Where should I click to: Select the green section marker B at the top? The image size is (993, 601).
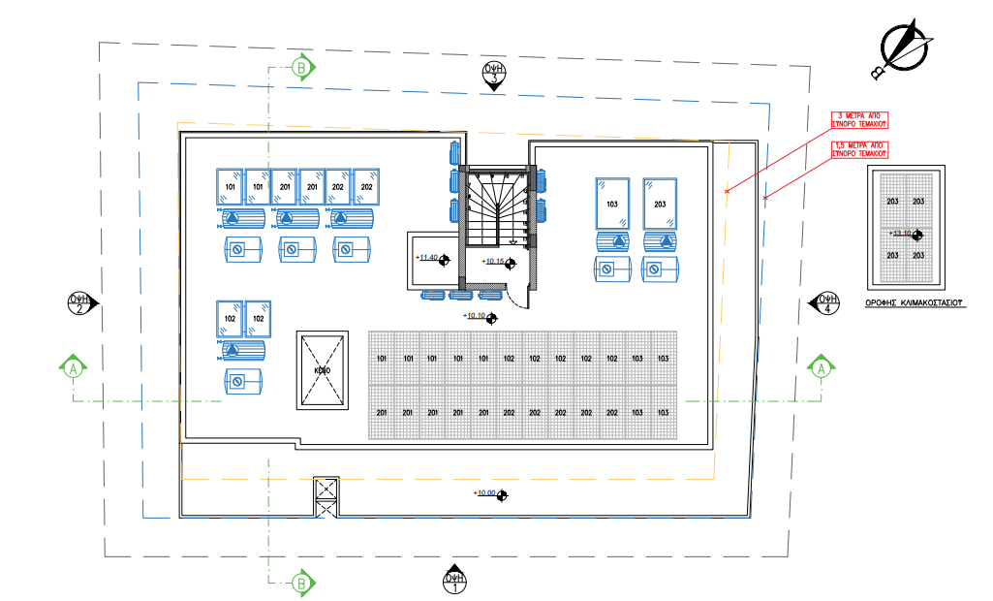tap(301, 68)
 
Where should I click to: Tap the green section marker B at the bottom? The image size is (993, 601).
tap(301, 584)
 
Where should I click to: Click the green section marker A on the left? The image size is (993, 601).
tap(74, 368)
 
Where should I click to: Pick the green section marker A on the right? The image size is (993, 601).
tap(821, 368)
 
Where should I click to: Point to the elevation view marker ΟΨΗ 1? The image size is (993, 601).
tap(454, 581)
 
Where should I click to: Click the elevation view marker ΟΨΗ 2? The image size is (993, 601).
tap(79, 303)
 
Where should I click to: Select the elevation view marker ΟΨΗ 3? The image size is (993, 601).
tap(494, 73)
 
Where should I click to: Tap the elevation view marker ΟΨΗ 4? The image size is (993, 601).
tap(825, 303)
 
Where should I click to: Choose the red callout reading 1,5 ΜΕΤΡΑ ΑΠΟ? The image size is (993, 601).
tap(860, 148)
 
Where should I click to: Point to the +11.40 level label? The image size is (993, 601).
tap(428, 258)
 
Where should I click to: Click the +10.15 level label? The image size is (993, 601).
tap(495, 261)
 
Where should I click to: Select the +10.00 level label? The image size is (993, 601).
tap(485, 494)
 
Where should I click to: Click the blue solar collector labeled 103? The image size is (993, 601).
tap(611, 204)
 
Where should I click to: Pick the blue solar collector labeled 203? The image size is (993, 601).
tap(660, 204)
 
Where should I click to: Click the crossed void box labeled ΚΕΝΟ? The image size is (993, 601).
tap(322, 370)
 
